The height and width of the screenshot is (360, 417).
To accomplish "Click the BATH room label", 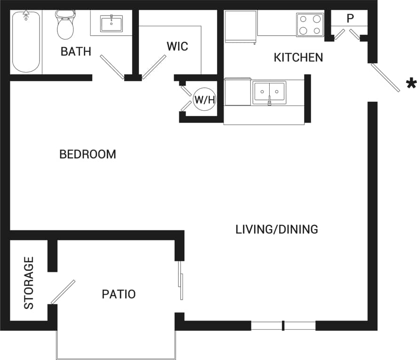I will pos(76,51).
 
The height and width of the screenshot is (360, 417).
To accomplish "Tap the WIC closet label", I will pos(177,46).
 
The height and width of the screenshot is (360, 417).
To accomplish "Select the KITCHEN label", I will pos(298,57).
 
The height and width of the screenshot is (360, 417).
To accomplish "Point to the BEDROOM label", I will pos(88,154).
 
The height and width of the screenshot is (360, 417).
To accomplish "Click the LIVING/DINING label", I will pos(277,229).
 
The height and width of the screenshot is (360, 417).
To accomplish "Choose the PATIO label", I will pos(119,295).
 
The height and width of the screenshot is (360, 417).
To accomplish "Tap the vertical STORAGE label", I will pos(29,283).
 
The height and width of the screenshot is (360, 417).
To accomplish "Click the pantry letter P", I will pos(350,19).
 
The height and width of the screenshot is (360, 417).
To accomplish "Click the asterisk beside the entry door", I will pos(411,84).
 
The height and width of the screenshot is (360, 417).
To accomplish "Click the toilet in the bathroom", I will pos(65,25).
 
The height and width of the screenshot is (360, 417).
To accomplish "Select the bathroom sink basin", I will pos(112,23).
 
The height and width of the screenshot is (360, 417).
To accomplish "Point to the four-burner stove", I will pos(310,25).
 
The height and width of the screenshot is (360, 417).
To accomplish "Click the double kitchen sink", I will pos(269,92).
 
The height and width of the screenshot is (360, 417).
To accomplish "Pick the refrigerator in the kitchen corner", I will pos(241,26).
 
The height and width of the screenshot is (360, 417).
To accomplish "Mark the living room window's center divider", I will pos(283,326).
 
